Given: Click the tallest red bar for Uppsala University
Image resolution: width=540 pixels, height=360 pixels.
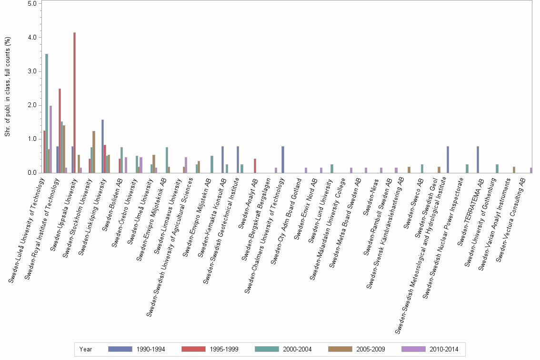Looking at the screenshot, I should pos(75,103).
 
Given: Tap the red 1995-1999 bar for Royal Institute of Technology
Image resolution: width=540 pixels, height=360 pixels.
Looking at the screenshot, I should pos(60,130).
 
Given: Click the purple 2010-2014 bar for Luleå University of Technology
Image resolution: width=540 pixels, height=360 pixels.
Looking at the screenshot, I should pos(50,139).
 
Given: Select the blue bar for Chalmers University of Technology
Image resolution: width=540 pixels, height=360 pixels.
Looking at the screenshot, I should pos(283,160).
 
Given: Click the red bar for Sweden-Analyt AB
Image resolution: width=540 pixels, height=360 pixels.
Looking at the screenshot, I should pos(255,166).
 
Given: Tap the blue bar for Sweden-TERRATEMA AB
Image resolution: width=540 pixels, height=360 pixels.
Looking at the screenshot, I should pos(478,160).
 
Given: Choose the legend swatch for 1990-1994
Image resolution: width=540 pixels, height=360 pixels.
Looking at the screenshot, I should pos(120,350).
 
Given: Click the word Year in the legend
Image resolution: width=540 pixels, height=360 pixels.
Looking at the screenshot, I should pos(86,350).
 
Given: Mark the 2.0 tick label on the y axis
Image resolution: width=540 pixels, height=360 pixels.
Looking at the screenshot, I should pos(33,105).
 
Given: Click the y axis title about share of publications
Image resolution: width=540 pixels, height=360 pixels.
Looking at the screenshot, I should pos(8,87).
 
